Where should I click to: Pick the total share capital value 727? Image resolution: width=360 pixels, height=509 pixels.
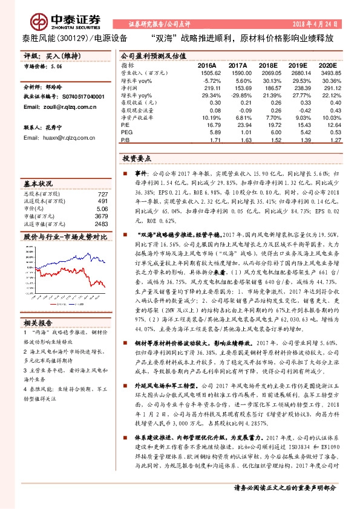(x=102, y=193)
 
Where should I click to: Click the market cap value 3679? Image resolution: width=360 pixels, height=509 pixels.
(x=100, y=215)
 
